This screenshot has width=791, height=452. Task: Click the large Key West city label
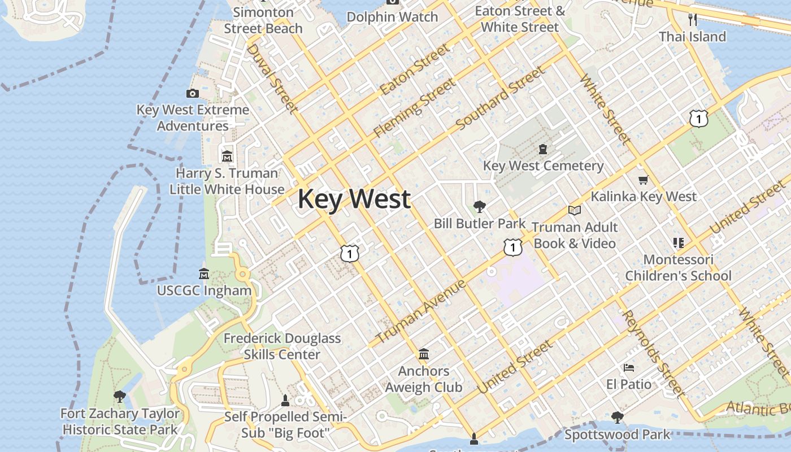coord(354,199)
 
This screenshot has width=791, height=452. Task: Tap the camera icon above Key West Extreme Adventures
coord(193,93)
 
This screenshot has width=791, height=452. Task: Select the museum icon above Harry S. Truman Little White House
coord(227,156)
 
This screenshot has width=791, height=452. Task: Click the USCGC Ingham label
coord(204,290)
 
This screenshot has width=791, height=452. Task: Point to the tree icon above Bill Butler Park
coord(480,206)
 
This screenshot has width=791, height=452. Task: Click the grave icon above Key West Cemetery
coord(543,149)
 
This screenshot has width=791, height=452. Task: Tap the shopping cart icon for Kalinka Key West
coord(643,180)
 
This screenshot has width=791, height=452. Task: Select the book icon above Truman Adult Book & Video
coord(575,210)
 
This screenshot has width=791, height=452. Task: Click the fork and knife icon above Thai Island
coord(693,20)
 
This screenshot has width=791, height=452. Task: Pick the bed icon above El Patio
coord(629,368)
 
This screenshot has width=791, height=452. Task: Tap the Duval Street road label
coord(272,78)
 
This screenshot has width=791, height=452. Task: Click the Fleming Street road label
coord(414,108)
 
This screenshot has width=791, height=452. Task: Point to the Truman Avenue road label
coord(421,311)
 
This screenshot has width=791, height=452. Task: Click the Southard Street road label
coord(501,98)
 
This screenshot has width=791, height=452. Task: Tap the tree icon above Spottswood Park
coord(617,418)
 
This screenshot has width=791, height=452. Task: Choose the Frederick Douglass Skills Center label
coord(282,346)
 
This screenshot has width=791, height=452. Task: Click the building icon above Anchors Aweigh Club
coord(424,354)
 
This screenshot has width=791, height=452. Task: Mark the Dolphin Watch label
coord(392,17)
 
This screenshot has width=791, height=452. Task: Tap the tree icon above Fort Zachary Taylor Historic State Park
coord(119,397)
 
